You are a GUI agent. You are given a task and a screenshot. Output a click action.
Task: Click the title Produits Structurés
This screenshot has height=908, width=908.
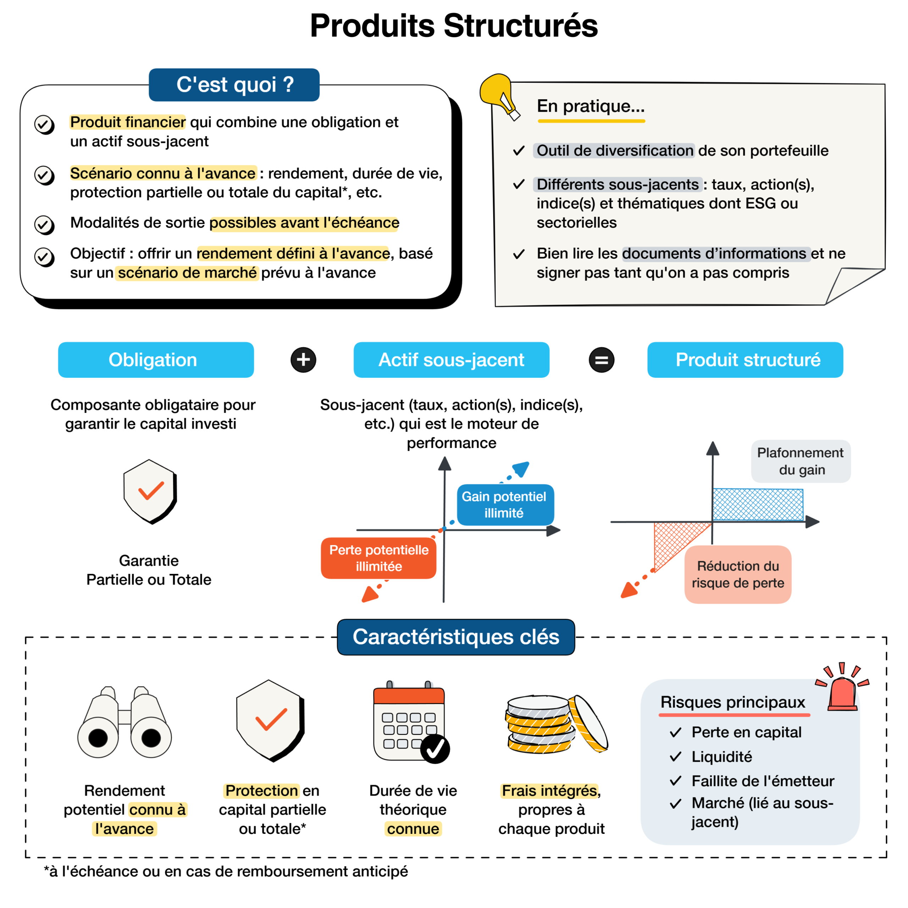(x=454, y=26)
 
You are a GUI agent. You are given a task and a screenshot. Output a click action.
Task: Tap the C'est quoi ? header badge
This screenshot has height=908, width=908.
(x=234, y=85)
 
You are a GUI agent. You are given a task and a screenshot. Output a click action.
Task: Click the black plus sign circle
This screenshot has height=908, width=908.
(x=303, y=360)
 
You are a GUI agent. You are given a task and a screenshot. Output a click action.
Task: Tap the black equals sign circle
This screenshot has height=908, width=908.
(x=601, y=360)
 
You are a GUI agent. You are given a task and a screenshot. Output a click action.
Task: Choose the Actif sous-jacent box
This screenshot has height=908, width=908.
(x=451, y=360)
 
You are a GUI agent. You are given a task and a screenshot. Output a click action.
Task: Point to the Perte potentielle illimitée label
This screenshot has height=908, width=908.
(x=378, y=558)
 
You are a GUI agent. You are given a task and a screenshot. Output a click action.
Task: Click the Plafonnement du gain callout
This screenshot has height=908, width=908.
(x=801, y=461)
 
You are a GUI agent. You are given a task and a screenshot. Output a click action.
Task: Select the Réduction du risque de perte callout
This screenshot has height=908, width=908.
(x=737, y=574)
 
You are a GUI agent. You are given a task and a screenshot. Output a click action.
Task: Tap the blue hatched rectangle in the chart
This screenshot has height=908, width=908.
(x=758, y=505)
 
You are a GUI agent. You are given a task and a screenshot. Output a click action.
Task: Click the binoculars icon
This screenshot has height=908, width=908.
(x=124, y=724)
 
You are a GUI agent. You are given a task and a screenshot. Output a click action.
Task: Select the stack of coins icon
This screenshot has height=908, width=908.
(x=555, y=724)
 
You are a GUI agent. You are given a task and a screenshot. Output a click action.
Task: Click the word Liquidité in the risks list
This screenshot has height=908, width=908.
(x=721, y=757)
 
